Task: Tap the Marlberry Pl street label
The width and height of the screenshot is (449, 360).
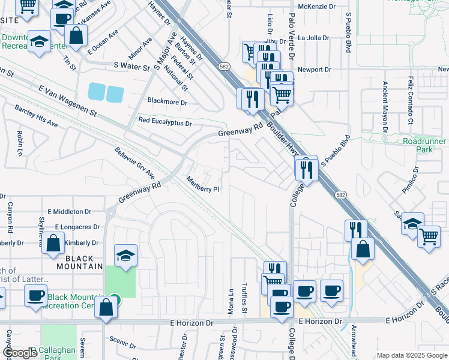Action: click(x=203, y=184)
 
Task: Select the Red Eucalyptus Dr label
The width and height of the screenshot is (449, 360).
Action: click(x=164, y=122)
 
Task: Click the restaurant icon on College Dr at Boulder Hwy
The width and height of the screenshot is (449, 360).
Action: click(x=307, y=169)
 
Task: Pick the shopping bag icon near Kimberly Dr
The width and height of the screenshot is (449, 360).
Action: click(x=53, y=244)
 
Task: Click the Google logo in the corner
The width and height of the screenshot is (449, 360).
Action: click(x=20, y=353)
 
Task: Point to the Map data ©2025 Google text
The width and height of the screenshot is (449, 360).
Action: click(x=411, y=355)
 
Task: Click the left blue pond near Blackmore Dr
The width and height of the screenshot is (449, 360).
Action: click(x=96, y=92)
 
